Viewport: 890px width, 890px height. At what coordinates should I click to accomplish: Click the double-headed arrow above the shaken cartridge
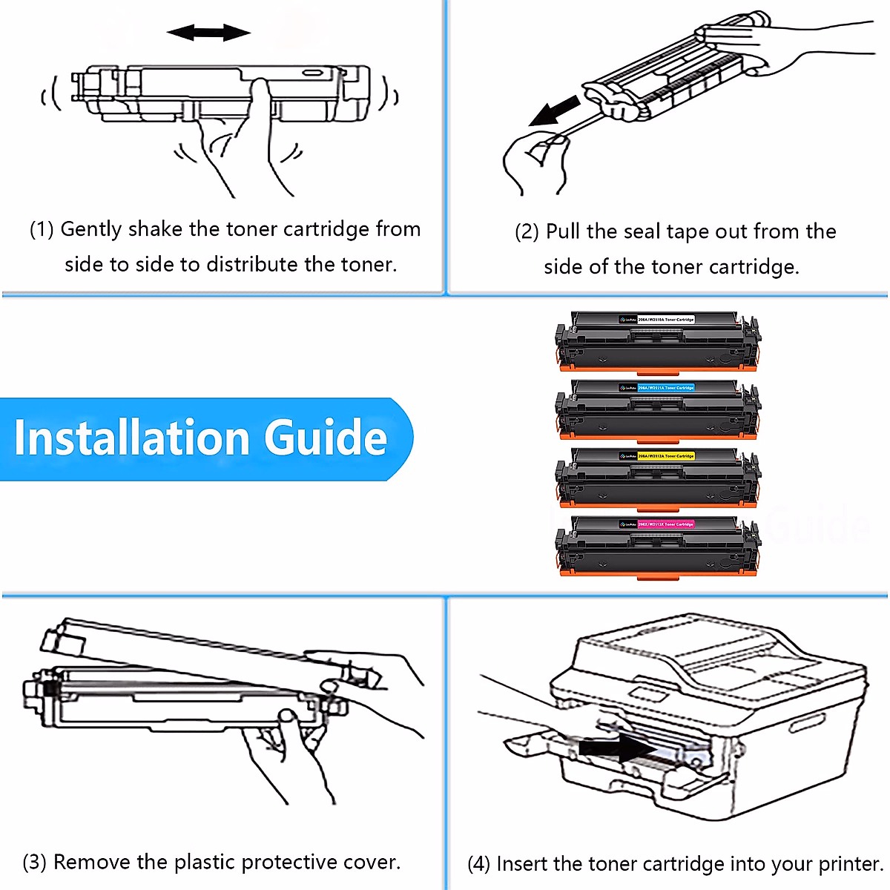click(208, 33)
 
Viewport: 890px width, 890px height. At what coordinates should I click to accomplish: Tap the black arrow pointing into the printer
click(615, 748)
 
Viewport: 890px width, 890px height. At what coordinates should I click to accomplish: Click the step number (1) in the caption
click(42, 229)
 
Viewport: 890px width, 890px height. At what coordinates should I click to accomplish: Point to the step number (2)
click(527, 232)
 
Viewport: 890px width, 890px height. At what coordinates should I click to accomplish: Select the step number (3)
click(34, 863)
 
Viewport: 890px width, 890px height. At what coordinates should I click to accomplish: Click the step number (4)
click(478, 865)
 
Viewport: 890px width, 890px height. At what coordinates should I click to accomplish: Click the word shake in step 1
click(155, 229)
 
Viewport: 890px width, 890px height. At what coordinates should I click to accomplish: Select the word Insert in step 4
click(521, 865)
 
